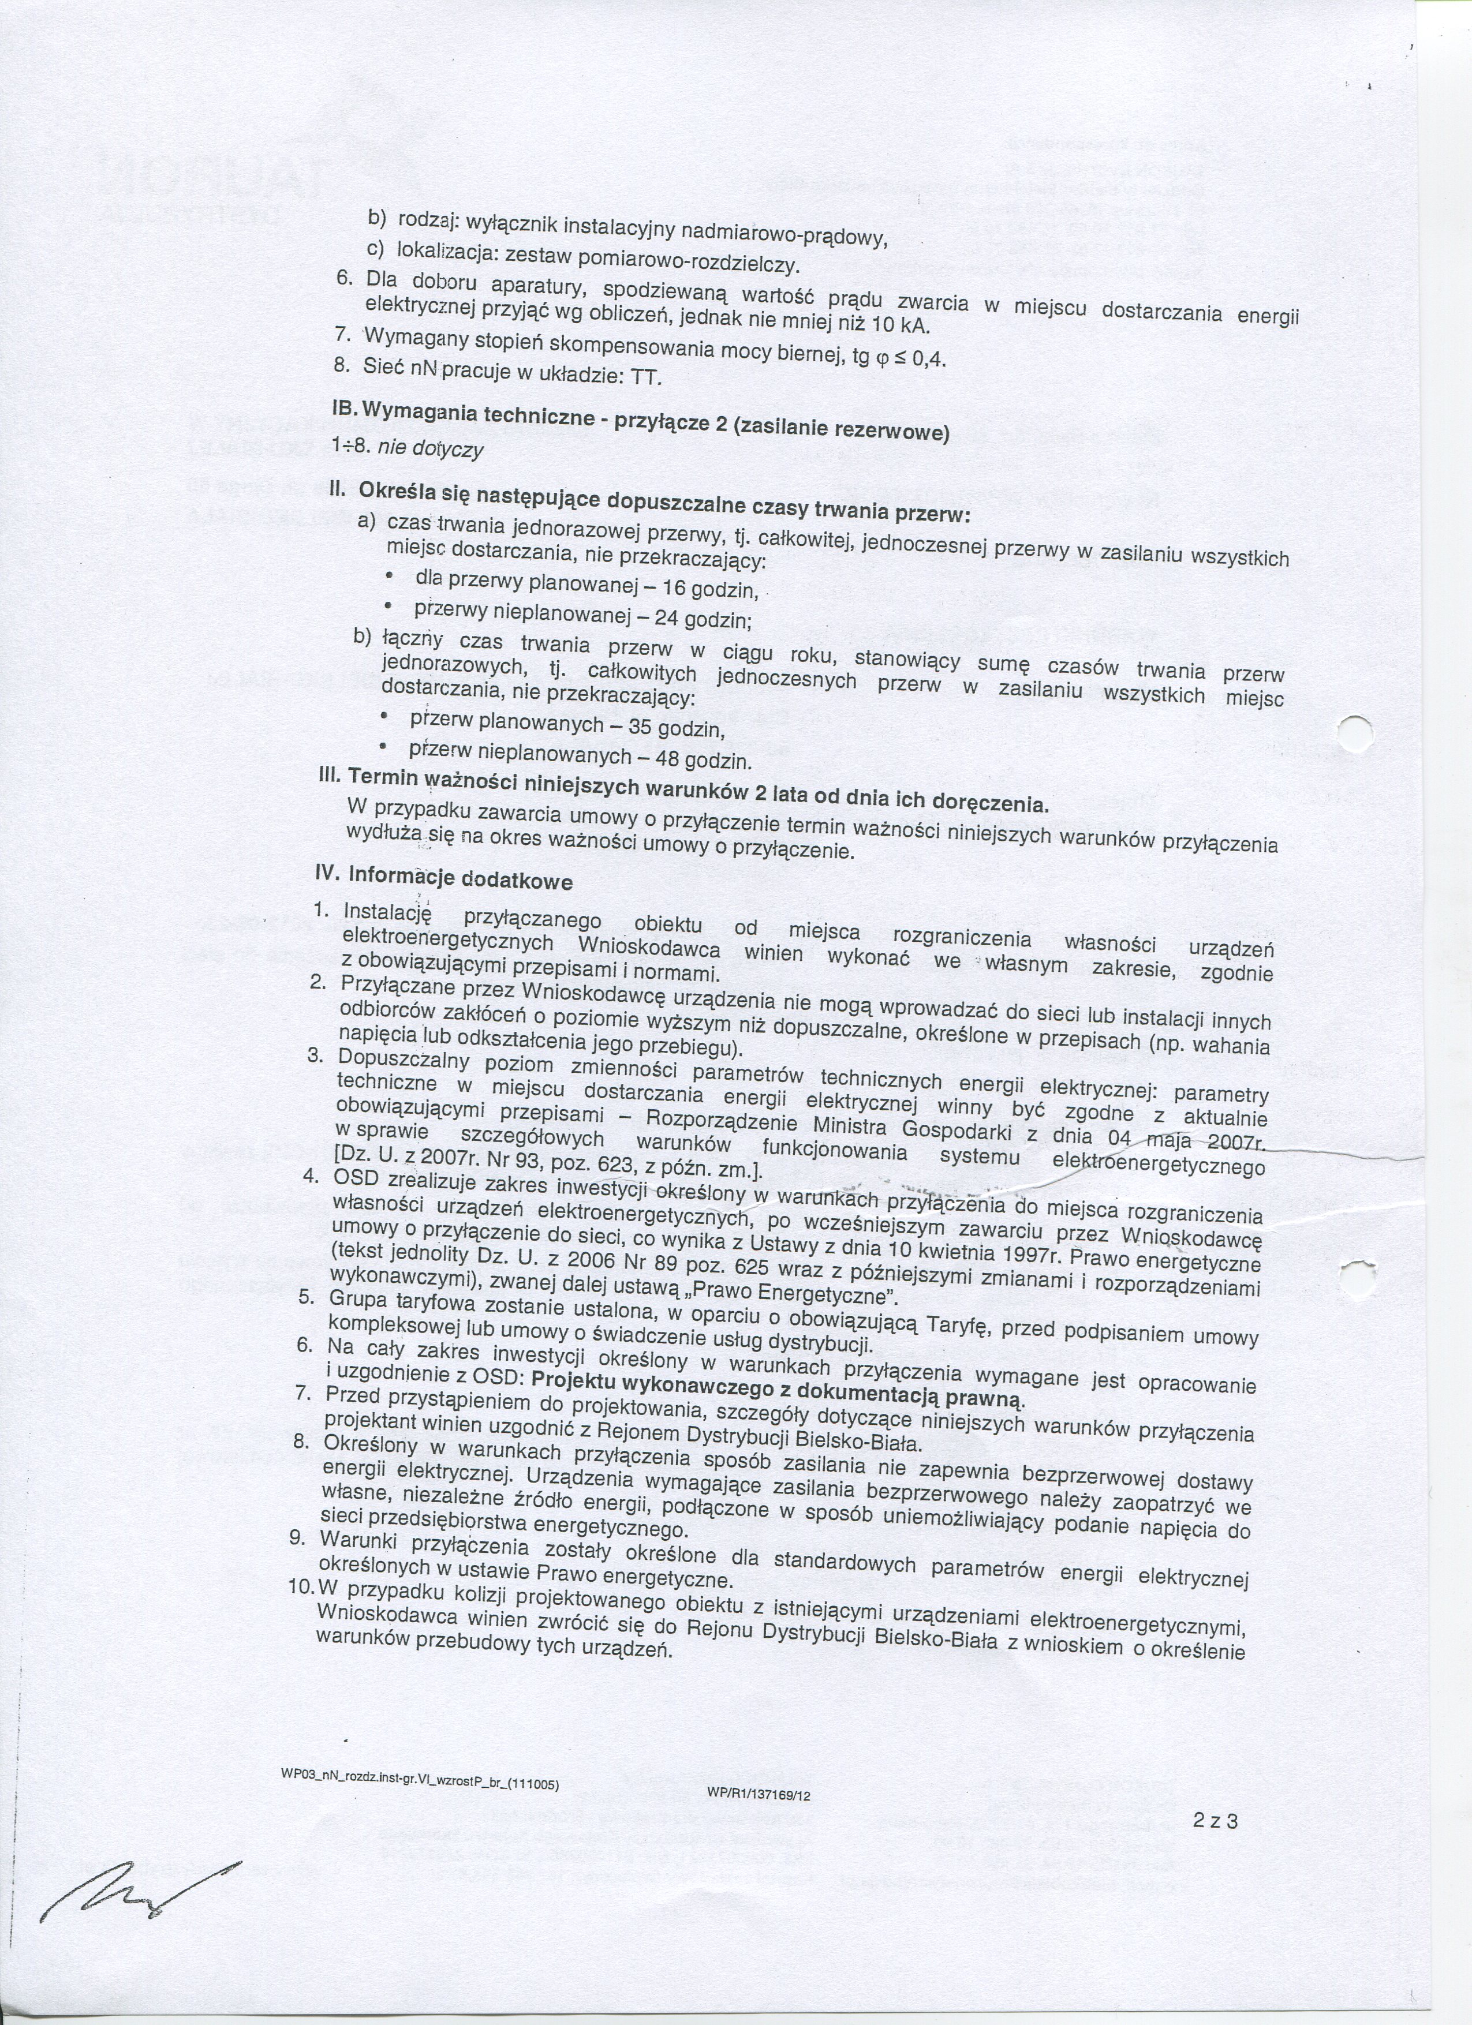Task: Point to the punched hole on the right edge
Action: (x=1358, y=734)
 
